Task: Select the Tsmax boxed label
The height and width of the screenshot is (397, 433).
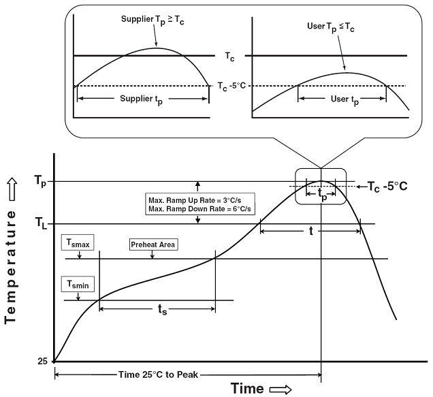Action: point(79,243)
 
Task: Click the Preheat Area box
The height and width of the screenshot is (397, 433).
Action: point(153,243)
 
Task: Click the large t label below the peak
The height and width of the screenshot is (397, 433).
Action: point(311,232)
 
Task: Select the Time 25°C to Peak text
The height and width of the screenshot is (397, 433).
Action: point(154,376)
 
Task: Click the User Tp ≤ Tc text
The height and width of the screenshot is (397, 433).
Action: point(334,27)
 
